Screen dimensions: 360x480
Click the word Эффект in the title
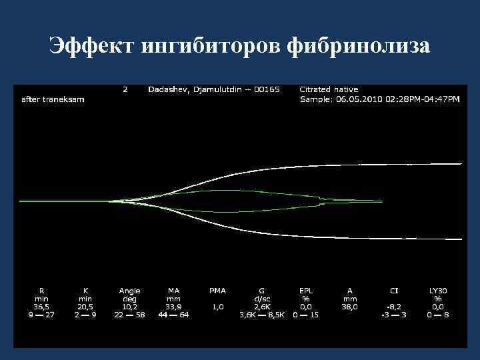pyautogui.click(x=93, y=46)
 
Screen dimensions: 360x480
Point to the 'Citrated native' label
pyautogui.click(x=329, y=89)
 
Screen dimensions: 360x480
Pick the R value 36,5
pyautogui.click(x=41, y=307)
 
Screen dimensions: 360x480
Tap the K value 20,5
pyautogui.click(x=85, y=307)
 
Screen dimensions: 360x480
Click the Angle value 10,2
pyautogui.click(x=129, y=307)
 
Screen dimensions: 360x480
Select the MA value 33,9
pyautogui.click(x=174, y=307)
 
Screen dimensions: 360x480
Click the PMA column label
pyautogui.click(x=217, y=291)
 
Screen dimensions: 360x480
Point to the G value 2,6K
pyautogui.click(x=262, y=307)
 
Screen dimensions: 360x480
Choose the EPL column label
pyautogui.click(x=306, y=291)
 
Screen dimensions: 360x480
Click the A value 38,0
pyautogui.click(x=350, y=307)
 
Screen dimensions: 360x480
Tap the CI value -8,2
pyautogui.click(x=394, y=307)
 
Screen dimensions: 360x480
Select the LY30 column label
pyautogui.click(x=438, y=291)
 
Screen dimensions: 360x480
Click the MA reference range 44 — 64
pyautogui.click(x=174, y=315)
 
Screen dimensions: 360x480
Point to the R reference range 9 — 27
pyautogui.click(x=41, y=315)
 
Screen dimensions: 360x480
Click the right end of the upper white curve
pyautogui.click(x=461, y=163)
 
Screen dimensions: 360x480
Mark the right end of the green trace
pyautogui.click(x=382, y=201)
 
